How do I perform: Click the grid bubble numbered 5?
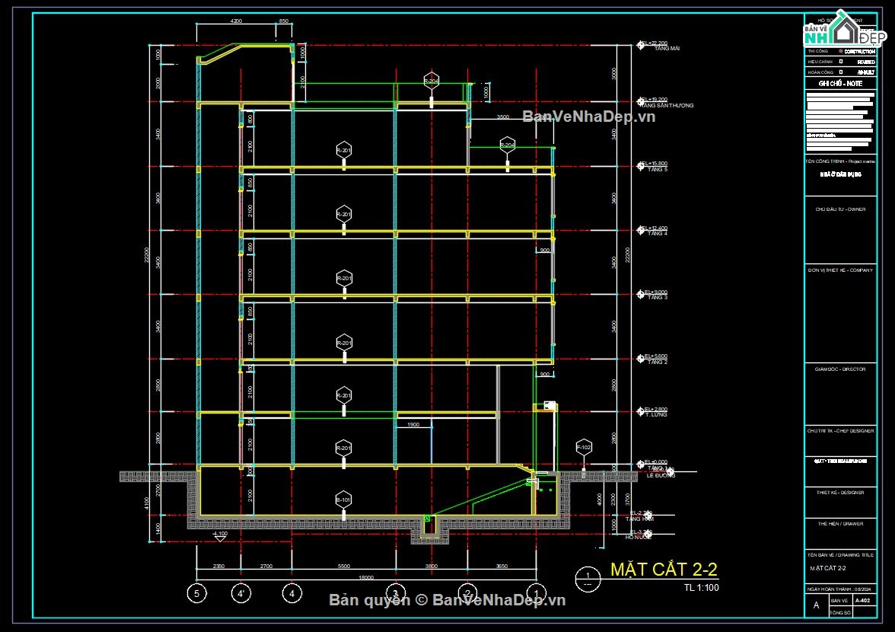point(196,593)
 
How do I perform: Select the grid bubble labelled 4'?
point(240,593)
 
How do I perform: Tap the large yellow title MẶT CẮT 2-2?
point(664,570)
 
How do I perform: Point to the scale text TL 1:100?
point(701,587)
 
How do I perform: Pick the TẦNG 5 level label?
point(656,169)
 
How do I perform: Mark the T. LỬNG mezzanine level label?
point(656,415)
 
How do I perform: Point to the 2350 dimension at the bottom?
point(218,567)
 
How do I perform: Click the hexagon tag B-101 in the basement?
point(344,500)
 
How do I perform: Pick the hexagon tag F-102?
point(583,447)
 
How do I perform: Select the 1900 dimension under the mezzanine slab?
point(412,424)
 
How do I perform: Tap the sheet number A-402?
point(862,601)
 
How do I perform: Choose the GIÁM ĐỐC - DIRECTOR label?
point(839,369)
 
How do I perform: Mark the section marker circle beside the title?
point(587,579)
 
